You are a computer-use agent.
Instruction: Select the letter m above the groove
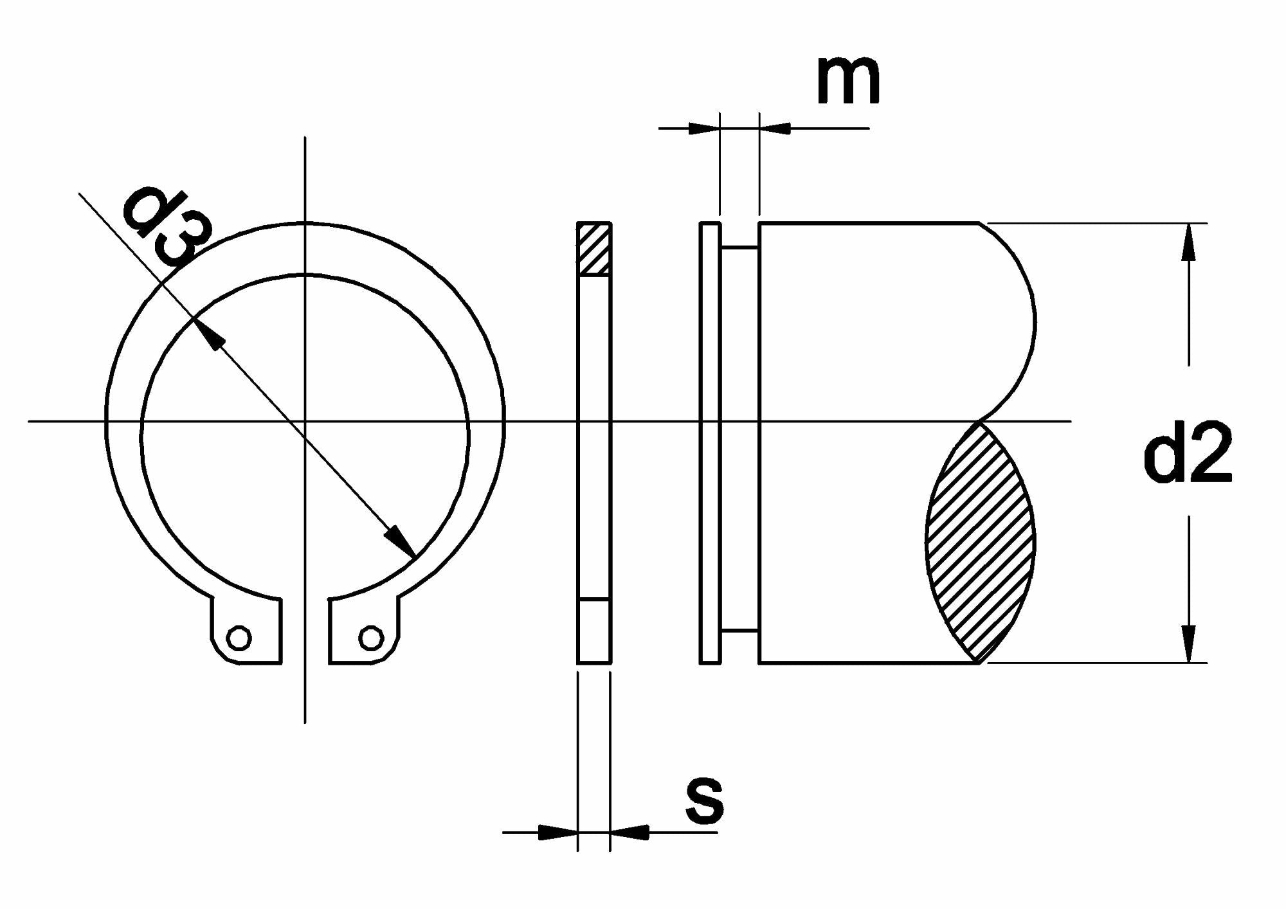click(x=848, y=80)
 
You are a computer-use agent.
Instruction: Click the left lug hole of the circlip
click(x=240, y=638)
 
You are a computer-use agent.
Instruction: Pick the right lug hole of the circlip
click(x=371, y=638)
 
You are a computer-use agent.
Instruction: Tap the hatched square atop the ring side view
click(x=594, y=249)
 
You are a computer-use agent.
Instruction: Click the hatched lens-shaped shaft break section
click(x=980, y=542)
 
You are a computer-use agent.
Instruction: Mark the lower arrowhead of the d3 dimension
click(x=400, y=540)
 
